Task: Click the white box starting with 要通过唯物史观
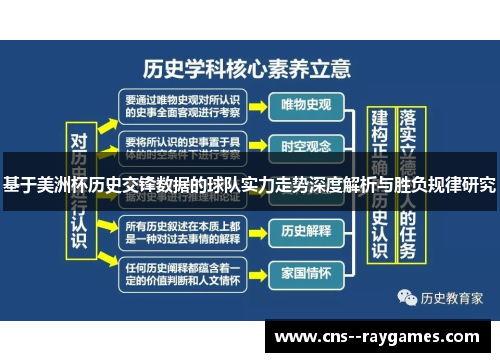pyautogui.click(x=181, y=105)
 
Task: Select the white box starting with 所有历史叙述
pyautogui.click(x=181, y=231)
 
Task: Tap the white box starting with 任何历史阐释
pyautogui.click(x=181, y=272)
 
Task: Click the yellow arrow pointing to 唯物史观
pyautogui.click(x=257, y=104)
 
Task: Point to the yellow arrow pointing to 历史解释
pyautogui.click(x=257, y=231)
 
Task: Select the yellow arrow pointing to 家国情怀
pyautogui.click(x=257, y=272)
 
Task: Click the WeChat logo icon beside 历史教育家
pyautogui.click(x=408, y=297)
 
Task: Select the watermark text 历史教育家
pyautogui.click(x=452, y=297)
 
